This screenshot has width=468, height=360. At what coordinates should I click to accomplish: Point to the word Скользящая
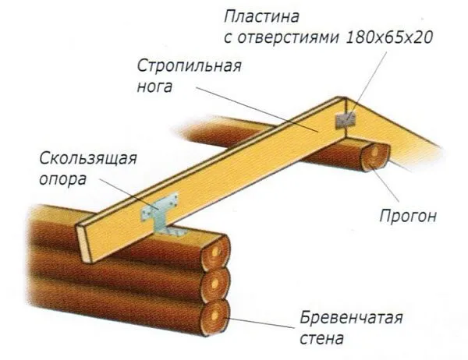click(91, 160)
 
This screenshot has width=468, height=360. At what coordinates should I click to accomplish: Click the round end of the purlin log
click(376, 156)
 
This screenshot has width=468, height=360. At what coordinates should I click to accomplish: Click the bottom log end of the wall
click(216, 316)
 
